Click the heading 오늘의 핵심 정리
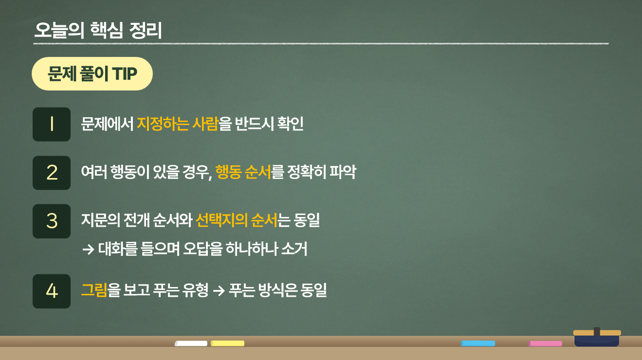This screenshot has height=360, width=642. point(98,31)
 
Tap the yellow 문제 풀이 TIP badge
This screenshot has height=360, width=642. point(92,74)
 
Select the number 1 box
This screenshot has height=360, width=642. point(52,125)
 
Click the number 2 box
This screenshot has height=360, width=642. point(52,173)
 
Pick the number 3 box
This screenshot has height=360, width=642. point(52,221)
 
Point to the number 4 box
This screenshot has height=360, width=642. point(52,291)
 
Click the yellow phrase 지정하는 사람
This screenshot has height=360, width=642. point(177,124)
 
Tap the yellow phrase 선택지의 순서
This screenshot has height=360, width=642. point(236,221)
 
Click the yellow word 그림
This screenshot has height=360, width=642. point(94,290)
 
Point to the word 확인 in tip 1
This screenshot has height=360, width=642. point(290,124)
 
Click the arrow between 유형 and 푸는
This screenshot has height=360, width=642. point(219,291)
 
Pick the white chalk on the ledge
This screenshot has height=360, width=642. point(191,343)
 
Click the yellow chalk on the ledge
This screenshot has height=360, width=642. point(228,343)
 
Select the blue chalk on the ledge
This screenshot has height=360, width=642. point(478,343)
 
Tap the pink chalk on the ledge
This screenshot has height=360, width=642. point(546,343)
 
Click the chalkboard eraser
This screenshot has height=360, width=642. point(597,337)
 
